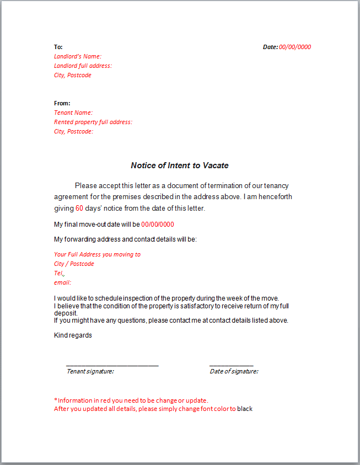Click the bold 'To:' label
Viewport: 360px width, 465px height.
(58, 47)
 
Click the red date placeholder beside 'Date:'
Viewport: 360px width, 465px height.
(294, 47)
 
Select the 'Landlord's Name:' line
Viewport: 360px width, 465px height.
(78, 56)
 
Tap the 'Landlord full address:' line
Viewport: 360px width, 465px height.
(83, 66)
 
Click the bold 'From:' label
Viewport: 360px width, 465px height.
(62, 103)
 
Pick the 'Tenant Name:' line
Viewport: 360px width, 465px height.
(73, 113)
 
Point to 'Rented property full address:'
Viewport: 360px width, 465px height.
(93, 122)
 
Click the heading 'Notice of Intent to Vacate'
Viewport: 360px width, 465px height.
(179, 165)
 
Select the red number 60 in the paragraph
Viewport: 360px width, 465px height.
(79, 209)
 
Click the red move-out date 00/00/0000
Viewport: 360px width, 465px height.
(158, 225)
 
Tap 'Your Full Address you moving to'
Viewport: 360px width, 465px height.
(97, 254)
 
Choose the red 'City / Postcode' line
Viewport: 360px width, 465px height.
(74, 264)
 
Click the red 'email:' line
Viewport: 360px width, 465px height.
(62, 282)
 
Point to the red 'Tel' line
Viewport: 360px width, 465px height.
(59, 273)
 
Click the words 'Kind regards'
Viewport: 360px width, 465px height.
(73, 335)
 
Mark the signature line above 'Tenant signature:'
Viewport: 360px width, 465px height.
(112, 365)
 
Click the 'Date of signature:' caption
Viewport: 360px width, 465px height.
(234, 371)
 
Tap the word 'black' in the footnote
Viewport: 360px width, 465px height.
(245, 409)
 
